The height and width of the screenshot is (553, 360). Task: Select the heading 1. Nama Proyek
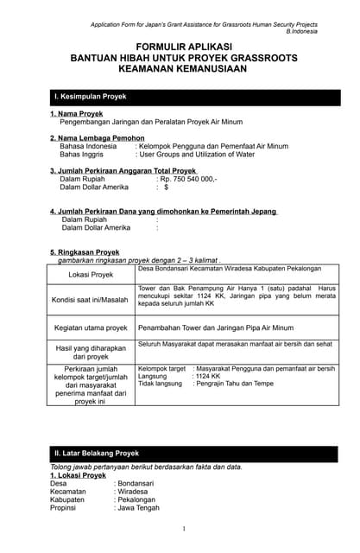78,114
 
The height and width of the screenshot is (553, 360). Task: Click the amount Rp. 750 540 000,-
188,180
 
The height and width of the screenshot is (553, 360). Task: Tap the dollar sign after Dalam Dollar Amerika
166,188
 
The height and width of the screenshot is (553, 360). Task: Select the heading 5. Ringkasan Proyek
85,252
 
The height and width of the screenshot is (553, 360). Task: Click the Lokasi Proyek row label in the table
91,275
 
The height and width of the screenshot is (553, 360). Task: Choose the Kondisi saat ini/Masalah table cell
91,300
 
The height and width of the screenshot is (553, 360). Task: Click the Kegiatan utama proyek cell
91,328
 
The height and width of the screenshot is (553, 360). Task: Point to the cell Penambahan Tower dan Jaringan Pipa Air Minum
218,328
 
